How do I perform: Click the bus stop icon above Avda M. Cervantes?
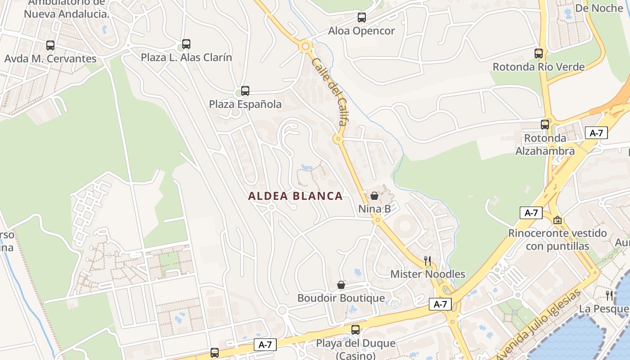[50, 45]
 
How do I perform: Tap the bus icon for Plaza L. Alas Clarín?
[186, 44]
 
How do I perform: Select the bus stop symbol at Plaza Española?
[245, 91]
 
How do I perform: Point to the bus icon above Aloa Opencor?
[362, 18]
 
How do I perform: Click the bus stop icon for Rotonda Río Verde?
[539, 54]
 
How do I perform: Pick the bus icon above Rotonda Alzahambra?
[545, 125]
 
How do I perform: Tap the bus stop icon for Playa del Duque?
[355, 330]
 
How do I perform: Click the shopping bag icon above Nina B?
[374, 196]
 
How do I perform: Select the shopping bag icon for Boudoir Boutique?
[341, 285]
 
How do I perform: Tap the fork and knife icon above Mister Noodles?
[427, 261]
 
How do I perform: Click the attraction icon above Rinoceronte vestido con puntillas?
[558, 220]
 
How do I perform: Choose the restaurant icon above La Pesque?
[609, 296]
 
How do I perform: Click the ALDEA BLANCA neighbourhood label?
[295, 196]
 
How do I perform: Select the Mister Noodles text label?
[427, 274]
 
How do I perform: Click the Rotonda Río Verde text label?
[539, 67]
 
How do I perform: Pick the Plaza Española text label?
[245, 104]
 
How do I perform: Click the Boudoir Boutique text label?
[341, 298]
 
